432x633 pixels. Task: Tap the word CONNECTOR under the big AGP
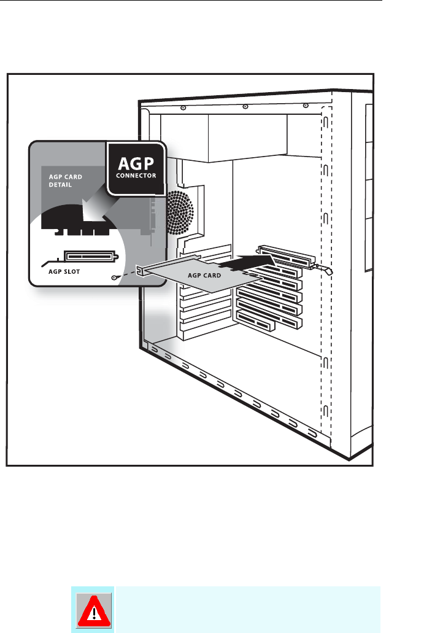[136, 175]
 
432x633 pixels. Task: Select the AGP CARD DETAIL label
[66, 180]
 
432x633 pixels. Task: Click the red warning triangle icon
[92, 610]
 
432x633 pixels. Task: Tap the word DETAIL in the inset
[60, 184]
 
